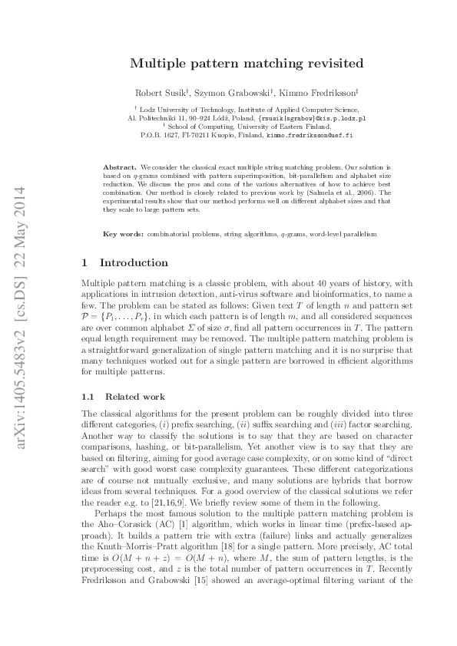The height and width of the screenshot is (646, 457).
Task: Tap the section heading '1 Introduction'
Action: coord(124,262)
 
